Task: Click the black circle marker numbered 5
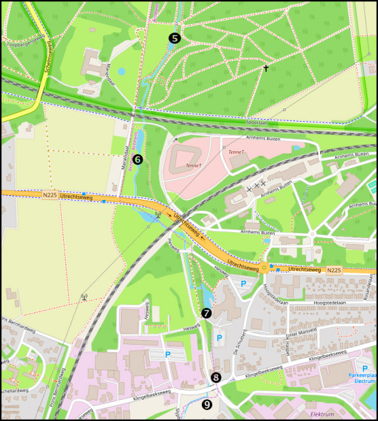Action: [174, 38]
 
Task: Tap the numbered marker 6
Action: [137, 159]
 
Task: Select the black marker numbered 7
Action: [206, 313]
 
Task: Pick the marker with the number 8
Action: [216, 377]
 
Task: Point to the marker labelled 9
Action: [208, 405]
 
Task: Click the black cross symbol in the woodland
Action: [266, 68]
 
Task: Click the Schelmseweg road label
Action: [47, 59]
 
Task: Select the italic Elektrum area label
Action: [320, 414]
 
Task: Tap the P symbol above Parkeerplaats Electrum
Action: [365, 368]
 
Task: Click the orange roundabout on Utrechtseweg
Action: [265, 268]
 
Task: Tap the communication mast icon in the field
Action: [84, 297]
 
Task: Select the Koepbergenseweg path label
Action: [25, 45]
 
